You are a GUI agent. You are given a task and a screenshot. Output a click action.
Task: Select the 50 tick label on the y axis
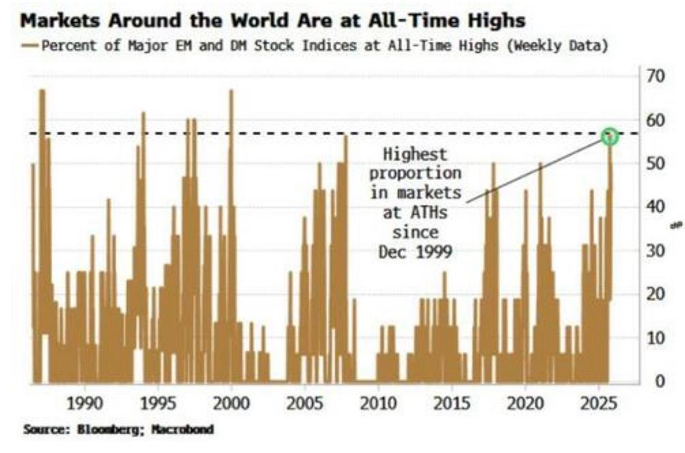point(656,163)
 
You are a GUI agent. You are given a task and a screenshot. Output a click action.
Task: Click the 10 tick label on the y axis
point(656,337)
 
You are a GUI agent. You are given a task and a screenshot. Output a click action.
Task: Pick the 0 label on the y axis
point(660,381)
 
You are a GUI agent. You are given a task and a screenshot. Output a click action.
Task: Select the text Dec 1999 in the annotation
point(416,251)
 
